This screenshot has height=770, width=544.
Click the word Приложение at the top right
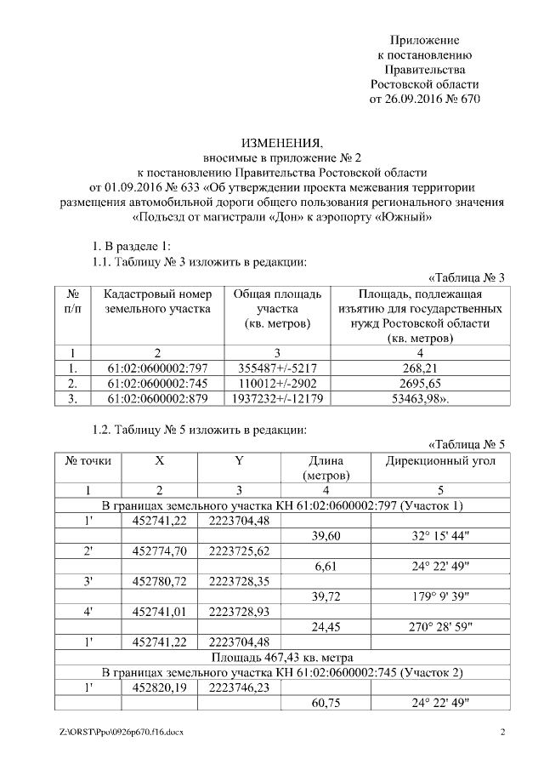[424, 40]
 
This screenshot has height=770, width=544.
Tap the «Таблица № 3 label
[467, 277]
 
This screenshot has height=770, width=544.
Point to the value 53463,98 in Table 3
[418, 398]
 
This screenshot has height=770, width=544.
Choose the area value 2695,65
[418, 383]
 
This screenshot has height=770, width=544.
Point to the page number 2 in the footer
[502, 732]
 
